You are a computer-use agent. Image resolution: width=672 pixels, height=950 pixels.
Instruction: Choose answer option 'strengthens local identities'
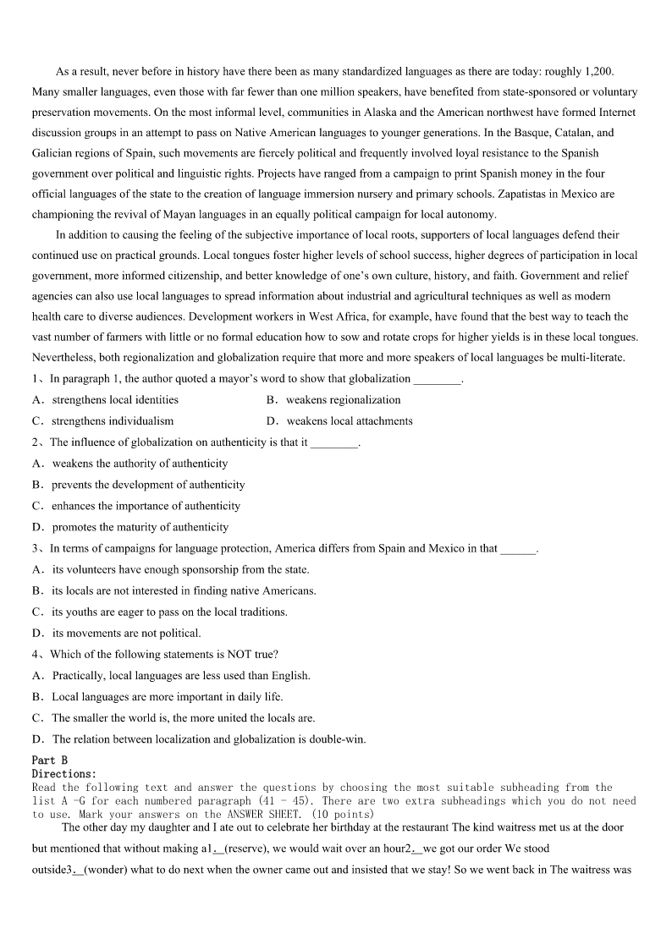(x=115, y=399)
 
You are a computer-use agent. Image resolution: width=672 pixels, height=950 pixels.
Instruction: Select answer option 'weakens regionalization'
(x=343, y=399)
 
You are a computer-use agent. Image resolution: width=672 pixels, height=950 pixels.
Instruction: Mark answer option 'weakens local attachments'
(x=349, y=420)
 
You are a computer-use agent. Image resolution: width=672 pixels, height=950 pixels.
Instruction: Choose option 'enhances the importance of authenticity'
(x=146, y=506)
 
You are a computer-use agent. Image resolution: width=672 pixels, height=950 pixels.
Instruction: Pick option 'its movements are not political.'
(x=126, y=633)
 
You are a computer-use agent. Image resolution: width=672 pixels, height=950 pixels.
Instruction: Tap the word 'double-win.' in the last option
(x=339, y=739)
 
